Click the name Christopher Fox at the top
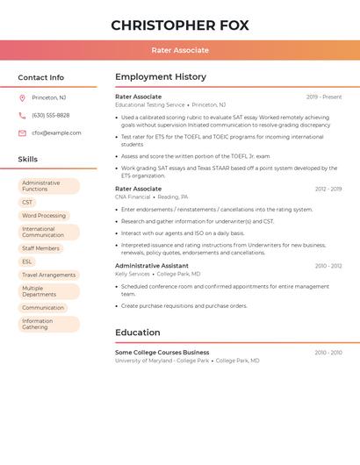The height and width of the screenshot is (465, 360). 180,25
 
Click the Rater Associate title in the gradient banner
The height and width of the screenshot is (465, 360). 180,51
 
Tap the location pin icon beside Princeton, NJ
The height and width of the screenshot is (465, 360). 22,97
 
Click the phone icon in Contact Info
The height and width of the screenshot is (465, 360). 22,115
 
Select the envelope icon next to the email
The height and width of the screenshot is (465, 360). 22,133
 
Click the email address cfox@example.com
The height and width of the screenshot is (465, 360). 56,133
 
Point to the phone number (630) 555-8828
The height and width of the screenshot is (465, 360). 50,115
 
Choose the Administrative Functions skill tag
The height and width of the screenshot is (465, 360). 48,186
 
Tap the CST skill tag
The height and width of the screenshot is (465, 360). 27,203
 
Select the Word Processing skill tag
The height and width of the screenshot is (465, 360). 44,216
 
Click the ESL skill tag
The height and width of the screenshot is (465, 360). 27,261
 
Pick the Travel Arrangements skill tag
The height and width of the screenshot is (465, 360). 48,275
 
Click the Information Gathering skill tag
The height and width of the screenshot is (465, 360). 48,325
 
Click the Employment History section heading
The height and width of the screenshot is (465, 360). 160,77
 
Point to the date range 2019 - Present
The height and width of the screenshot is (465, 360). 324,97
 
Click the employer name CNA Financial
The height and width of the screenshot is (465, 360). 133,197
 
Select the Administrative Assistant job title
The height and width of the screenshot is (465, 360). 151,266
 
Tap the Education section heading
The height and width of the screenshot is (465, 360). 137,333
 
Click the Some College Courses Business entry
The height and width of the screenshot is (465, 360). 162,353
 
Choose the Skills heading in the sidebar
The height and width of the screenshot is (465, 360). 27,160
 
